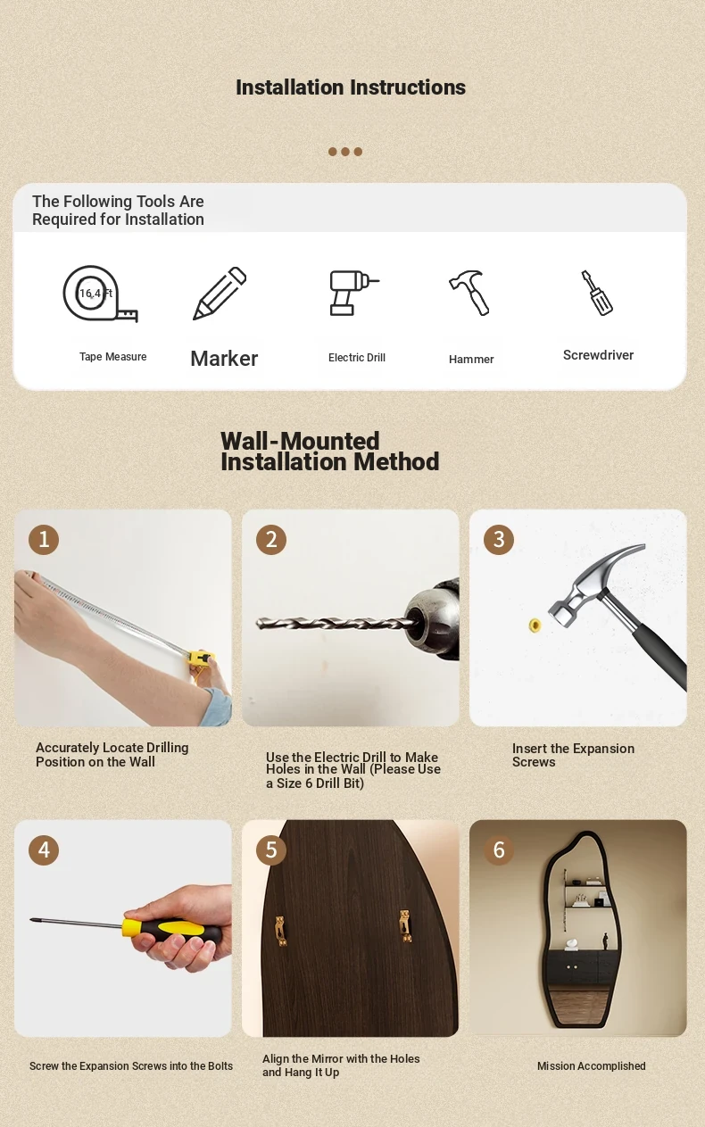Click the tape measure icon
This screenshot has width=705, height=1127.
pyautogui.click(x=100, y=294)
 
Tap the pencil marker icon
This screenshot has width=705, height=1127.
pyautogui.click(x=220, y=294)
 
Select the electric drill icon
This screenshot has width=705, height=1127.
pyautogui.click(x=353, y=293)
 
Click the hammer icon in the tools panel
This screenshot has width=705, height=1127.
pyautogui.click(x=469, y=293)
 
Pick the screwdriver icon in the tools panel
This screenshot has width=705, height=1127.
pyautogui.click(x=597, y=293)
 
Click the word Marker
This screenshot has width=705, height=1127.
pyautogui.click(x=224, y=359)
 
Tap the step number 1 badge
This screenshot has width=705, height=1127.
pyautogui.click(x=44, y=540)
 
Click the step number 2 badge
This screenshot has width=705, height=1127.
pyautogui.click(x=271, y=540)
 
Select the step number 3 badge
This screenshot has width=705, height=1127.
pyautogui.click(x=499, y=540)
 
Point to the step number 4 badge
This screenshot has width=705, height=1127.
pyautogui.click(x=44, y=850)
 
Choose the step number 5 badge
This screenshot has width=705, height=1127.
pyautogui.click(x=271, y=850)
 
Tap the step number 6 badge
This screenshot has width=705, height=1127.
pyautogui.click(x=499, y=850)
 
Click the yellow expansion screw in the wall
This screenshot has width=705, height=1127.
pyautogui.click(x=535, y=626)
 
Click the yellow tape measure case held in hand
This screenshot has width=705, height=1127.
pyautogui.click(x=202, y=659)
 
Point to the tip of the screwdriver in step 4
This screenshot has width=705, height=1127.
pyautogui.click(x=31, y=920)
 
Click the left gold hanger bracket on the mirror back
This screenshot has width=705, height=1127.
pyautogui.click(x=281, y=931)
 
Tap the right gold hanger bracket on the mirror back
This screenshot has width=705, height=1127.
pyautogui.click(x=405, y=926)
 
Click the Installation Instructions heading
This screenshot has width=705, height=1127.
pyautogui.click(x=351, y=87)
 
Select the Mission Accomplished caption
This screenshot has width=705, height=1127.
pyautogui.click(x=592, y=1066)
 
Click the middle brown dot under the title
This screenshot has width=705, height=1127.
pyautogui.click(x=345, y=152)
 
